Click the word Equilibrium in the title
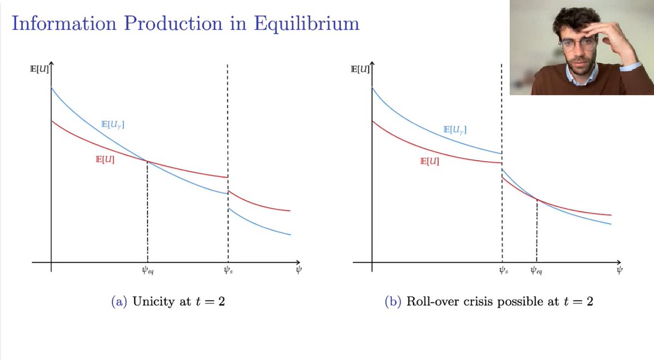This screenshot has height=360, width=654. (306, 24)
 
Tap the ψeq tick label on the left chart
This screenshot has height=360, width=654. (148, 271)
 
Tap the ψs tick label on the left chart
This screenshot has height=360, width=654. (228, 271)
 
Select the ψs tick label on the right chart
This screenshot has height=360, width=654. (504, 271)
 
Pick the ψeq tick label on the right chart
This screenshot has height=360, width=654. (536, 271)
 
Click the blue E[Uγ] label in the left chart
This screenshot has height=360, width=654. (113, 125)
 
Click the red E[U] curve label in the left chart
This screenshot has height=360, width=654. (105, 160)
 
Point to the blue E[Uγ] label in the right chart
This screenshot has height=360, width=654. (455, 130)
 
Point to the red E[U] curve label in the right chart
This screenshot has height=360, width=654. (429, 161)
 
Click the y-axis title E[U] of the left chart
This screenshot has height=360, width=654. (39, 69)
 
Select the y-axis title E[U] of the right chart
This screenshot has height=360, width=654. (360, 69)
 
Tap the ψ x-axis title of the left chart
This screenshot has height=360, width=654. (299, 270)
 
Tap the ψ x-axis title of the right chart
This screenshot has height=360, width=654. (619, 270)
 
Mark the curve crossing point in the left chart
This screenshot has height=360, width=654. (147, 161)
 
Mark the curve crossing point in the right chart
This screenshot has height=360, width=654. (537, 199)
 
